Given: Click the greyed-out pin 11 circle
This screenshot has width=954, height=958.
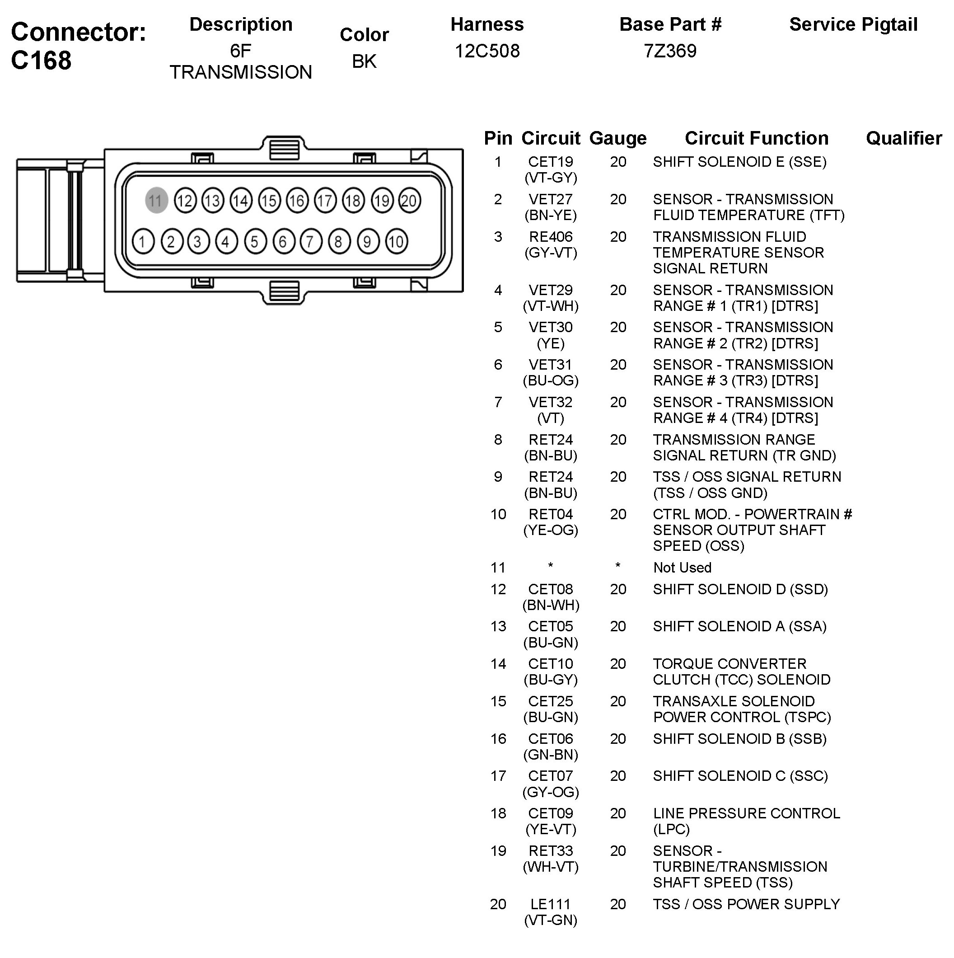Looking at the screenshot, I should click(156, 201).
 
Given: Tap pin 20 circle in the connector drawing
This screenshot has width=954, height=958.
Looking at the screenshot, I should click(409, 201).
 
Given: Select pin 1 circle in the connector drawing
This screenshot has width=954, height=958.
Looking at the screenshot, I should click(143, 241).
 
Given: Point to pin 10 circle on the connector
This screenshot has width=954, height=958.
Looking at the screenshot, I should click(396, 241).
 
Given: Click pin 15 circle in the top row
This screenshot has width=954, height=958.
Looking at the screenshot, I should click(269, 201).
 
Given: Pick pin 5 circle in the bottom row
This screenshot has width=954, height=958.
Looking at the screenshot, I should click(255, 241).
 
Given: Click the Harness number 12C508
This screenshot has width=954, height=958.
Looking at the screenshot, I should click(487, 51).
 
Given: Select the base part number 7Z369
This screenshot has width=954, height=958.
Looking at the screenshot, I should click(670, 51).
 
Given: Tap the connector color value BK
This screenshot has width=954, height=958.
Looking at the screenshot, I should click(364, 61).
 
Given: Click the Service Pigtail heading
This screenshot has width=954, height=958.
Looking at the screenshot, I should click(853, 24).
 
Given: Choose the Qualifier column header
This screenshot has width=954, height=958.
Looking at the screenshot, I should click(903, 138).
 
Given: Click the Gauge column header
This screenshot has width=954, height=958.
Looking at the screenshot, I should click(617, 138).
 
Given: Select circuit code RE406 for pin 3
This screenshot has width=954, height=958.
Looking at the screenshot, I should click(551, 237).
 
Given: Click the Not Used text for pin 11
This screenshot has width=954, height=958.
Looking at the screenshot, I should click(682, 568).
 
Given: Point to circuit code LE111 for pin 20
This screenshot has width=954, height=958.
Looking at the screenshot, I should click(551, 904).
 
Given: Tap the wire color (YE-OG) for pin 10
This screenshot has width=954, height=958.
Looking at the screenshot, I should click(551, 531).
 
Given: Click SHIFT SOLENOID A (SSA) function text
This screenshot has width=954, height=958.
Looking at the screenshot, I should click(739, 627).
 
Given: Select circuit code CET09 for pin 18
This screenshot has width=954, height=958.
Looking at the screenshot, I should click(551, 814).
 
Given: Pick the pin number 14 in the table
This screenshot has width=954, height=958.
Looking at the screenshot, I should click(498, 664).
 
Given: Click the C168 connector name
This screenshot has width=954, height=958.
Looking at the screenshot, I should click(42, 61).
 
